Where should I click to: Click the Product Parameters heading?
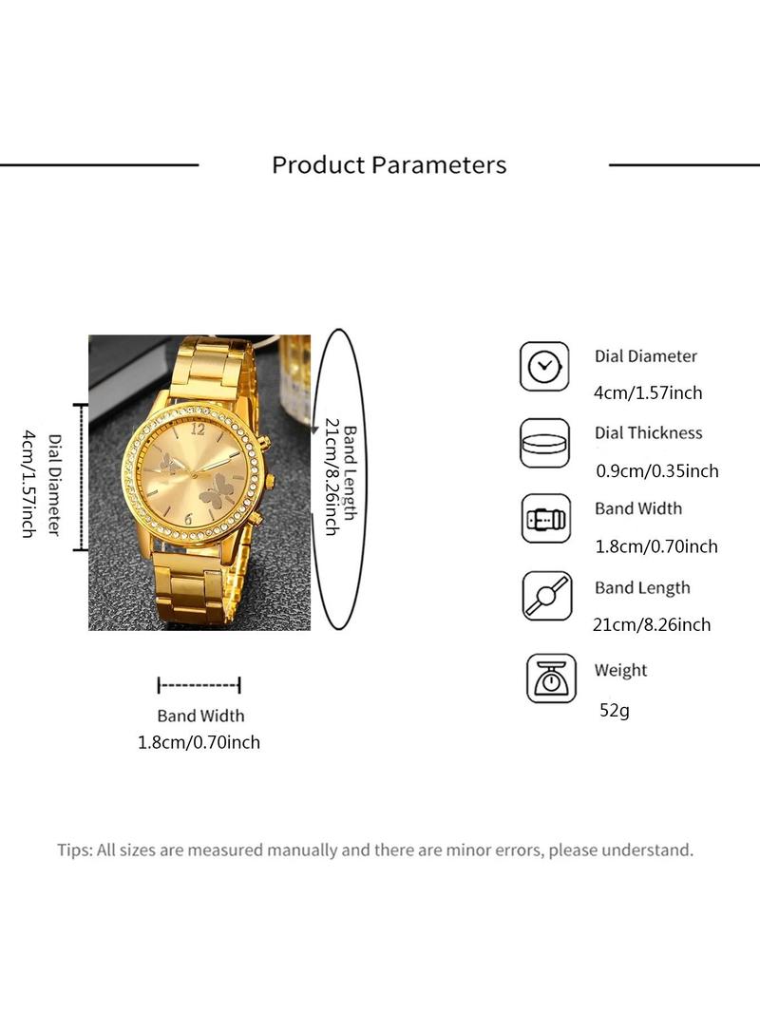click(x=389, y=165)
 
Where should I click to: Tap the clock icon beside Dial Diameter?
click(x=544, y=366)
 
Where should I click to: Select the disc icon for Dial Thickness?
click(x=545, y=443)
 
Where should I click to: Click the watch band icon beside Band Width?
click(x=546, y=519)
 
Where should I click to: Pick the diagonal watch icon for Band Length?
click(x=547, y=596)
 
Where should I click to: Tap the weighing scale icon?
click(x=551, y=679)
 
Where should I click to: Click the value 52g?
click(x=614, y=710)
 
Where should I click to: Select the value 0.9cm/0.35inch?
click(x=656, y=471)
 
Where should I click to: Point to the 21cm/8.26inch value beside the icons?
click(x=652, y=624)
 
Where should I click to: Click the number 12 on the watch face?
click(x=199, y=428)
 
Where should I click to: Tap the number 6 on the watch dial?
click(x=188, y=519)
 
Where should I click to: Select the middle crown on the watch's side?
click(x=269, y=481)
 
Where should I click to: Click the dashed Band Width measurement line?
click(x=199, y=685)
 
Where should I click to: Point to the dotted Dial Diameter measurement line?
click(x=80, y=477)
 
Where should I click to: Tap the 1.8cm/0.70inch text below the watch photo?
click(x=199, y=742)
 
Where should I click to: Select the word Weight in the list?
click(x=620, y=671)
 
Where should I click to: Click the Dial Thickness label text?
click(x=648, y=432)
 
